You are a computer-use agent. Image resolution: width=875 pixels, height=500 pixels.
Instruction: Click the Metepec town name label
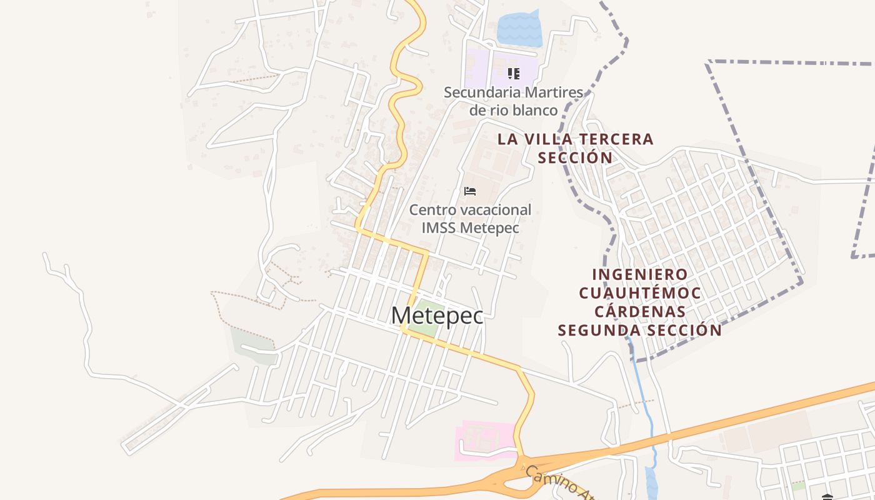pos(437,316)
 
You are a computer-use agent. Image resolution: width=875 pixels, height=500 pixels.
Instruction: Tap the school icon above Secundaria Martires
pos(513,74)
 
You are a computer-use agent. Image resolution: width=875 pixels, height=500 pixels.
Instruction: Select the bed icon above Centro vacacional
pos(470,191)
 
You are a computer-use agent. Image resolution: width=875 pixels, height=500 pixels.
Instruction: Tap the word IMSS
pos(439,227)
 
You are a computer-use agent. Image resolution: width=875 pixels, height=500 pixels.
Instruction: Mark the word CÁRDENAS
pos(640,311)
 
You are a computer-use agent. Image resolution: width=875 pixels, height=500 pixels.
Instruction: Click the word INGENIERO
pos(640,274)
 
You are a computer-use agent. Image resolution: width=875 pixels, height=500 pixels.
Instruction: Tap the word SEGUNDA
pos(601,330)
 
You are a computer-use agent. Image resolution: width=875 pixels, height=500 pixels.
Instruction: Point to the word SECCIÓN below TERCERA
pos(576,157)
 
